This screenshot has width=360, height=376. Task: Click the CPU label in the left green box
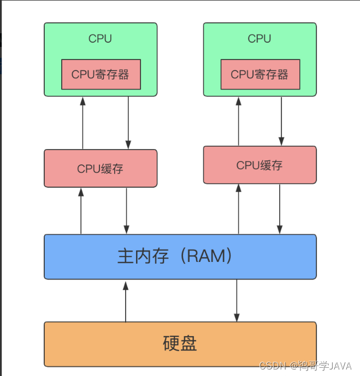(x=100, y=39)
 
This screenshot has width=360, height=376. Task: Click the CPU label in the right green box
(x=259, y=39)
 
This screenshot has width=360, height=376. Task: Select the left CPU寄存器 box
(x=101, y=74)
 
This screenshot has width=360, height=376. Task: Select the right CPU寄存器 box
(x=259, y=74)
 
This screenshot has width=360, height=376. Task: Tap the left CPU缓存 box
(x=101, y=169)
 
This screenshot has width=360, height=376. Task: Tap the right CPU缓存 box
(x=259, y=165)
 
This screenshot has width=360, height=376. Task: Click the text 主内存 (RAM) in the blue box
(x=175, y=256)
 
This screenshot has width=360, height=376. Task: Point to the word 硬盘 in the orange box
(x=180, y=343)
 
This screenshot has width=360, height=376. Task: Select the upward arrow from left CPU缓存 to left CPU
(x=83, y=123)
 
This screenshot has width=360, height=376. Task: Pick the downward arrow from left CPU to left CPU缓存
(x=128, y=123)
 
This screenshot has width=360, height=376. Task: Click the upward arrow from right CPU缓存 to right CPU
(x=238, y=121)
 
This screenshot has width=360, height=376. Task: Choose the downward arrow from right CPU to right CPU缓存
(x=281, y=121)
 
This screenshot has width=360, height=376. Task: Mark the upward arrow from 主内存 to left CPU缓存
(x=81, y=211)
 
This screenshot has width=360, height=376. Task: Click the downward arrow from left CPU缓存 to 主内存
(x=127, y=211)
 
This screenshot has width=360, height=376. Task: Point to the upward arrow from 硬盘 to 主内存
(x=126, y=301)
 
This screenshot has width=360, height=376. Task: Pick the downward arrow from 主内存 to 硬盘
(x=237, y=301)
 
